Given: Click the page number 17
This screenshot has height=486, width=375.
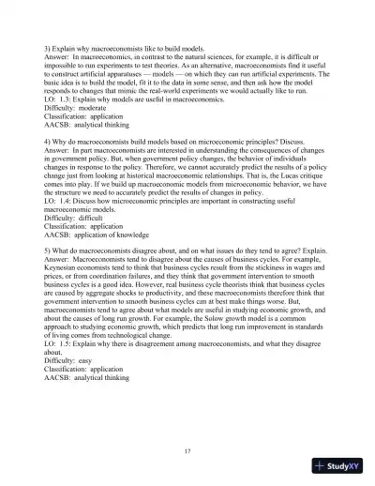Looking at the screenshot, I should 187,450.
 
